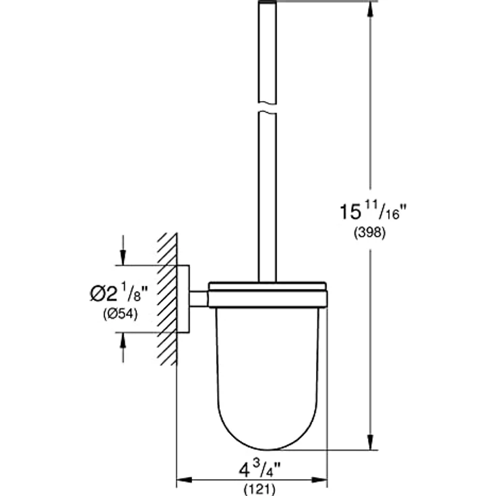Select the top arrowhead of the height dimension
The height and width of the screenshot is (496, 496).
(370, 8)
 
